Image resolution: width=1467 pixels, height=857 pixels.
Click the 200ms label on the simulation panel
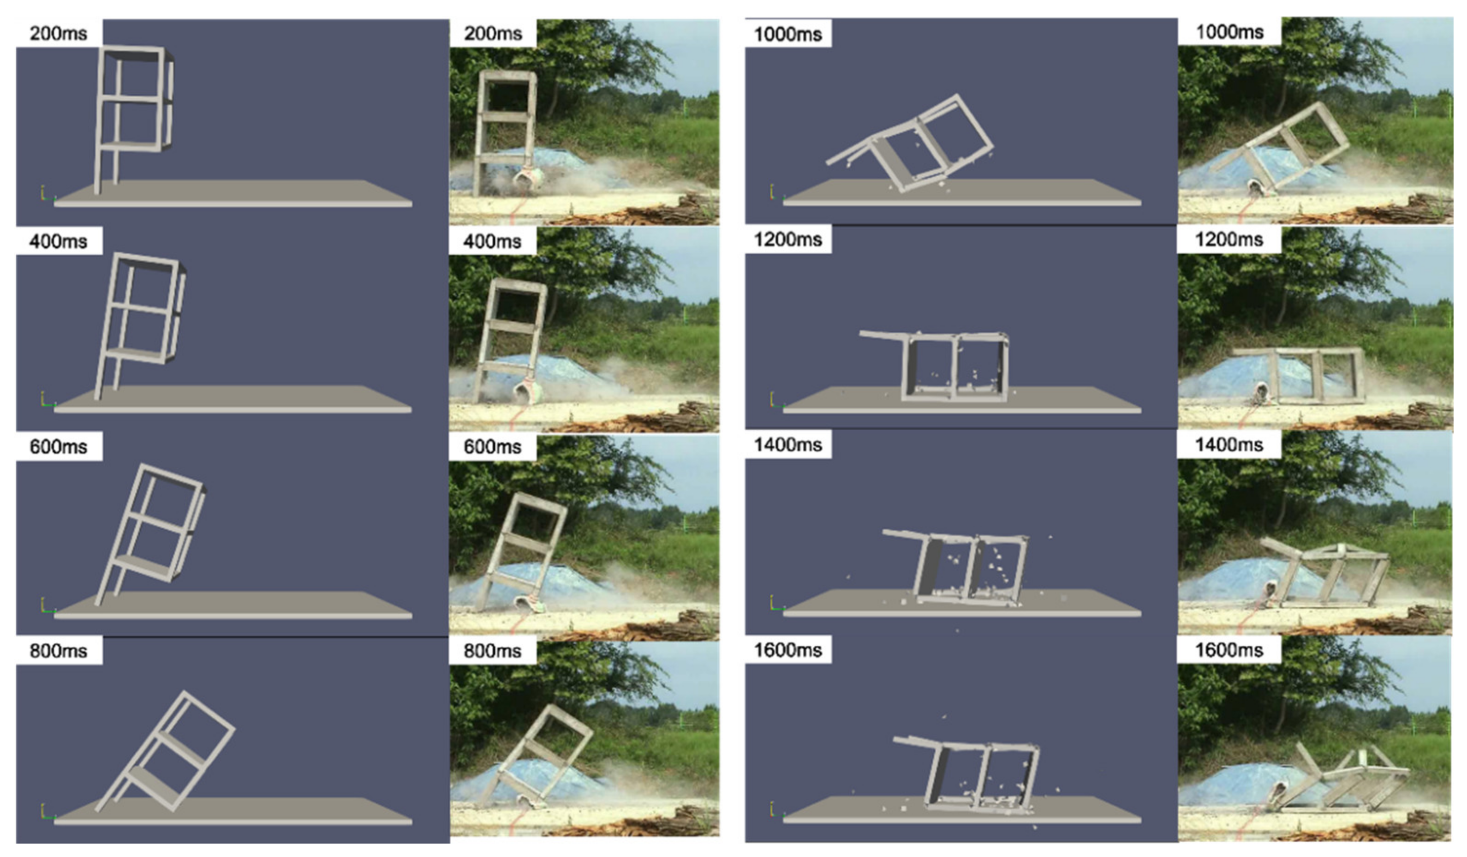(x=58, y=33)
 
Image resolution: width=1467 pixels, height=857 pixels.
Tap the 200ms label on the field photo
(x=493, y=33)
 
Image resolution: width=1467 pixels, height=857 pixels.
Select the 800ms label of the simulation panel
(x=58, y=650)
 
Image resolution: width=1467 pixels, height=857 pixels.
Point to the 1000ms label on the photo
(x=1229, y=31)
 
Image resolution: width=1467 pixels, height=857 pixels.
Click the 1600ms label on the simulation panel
(x=787, y=650)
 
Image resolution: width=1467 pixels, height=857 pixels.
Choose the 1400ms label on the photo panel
(x=1229, y=445)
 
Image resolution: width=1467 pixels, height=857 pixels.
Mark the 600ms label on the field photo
(x=493, y=447)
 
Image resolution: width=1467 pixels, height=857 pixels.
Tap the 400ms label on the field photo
(x=493, y=241)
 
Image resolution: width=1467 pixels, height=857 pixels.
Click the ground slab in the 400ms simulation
(x=233, y=399)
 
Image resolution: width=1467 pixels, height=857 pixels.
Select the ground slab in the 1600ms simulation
(x=962, y=810)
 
